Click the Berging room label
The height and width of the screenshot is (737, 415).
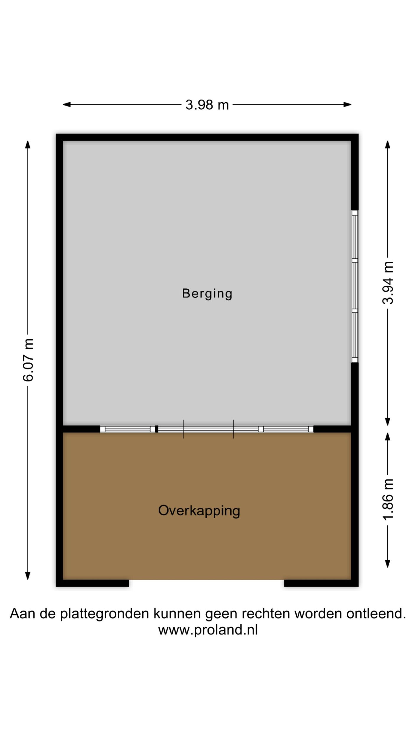(x=207, y=294)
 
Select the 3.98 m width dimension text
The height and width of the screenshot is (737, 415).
(x=207, y=105)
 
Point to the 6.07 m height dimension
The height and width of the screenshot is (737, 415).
(x=28, y=360)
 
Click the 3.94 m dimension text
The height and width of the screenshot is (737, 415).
(x=388, y=283)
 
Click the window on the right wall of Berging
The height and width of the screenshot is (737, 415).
(x=354, y=286)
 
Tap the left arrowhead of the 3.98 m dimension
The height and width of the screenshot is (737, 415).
(x=67, y=104)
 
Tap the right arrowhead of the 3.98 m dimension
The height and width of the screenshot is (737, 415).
(x=347, y=104)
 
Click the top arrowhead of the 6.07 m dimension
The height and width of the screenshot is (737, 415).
(x=28, y=144)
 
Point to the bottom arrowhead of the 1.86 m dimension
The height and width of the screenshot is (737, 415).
(x=388, y=563)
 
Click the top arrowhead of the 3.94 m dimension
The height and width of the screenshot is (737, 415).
(x=388, y=144)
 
